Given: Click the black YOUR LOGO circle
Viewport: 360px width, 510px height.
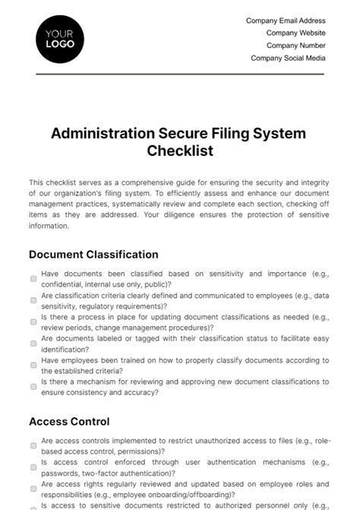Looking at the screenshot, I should (x=60, y=39).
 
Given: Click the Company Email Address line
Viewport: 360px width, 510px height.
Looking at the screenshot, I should (x=286, y=21).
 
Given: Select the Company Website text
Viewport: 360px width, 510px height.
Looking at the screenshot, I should (x=295, y=33).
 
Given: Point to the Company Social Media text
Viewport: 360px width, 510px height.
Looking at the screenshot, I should (x=288, y=57).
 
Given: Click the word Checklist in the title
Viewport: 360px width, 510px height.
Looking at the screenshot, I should (x=179, y=150).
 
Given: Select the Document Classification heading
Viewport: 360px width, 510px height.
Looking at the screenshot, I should (x=93, y=255).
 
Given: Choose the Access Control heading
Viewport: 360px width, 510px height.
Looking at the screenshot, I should (x=69, y=421).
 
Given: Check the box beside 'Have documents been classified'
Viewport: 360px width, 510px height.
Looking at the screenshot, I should (x=33, y=279).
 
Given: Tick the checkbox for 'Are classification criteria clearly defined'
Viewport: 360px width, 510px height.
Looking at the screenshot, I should (x=33, y=300).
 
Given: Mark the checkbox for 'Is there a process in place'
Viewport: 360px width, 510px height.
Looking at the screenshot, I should (x=33, y=322).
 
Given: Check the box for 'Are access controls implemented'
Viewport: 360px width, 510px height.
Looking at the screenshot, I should (x=33, y=445).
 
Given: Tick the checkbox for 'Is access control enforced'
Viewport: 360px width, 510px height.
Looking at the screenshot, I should (x=33, y=467).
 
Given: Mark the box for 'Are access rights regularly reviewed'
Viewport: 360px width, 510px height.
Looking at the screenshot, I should (x=33, y=488).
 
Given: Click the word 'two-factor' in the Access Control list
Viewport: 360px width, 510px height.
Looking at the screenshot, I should (x=96, y=472).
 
